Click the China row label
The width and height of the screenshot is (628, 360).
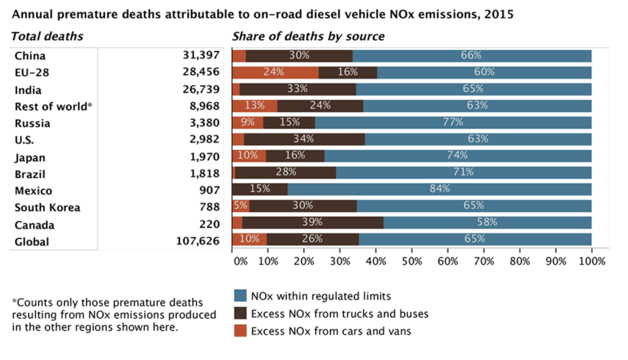30,56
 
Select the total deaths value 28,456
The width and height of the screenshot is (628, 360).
201,72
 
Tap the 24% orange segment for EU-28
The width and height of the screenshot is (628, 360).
275,72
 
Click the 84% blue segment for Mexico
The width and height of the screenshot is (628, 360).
440,188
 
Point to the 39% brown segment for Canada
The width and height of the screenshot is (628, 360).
312,222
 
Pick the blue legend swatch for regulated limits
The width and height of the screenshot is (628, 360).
240,297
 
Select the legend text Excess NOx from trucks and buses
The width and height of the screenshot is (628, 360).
340,314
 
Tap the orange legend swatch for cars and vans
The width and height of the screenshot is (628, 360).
240,331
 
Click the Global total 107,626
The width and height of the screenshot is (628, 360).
196,242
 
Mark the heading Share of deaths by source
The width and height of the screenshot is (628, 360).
308,37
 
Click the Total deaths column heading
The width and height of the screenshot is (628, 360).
47,37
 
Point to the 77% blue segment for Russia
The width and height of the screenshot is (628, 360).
453,122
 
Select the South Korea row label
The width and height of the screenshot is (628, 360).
48,208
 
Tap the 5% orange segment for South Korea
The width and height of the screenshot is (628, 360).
241,206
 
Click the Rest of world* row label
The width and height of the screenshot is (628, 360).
53,106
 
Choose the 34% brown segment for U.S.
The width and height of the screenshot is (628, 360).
304,139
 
